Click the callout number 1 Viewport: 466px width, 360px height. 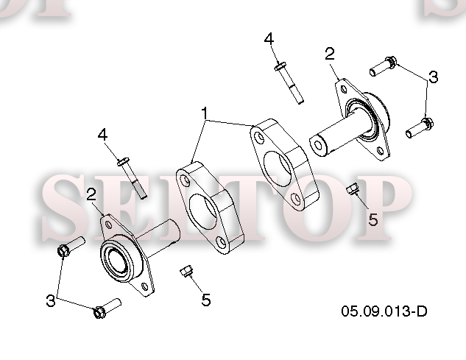(205, 113)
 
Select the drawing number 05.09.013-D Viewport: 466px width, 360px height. (384, 311)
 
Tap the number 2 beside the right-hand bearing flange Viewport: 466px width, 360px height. (330, 54)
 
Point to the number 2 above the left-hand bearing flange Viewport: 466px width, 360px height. (91, 194)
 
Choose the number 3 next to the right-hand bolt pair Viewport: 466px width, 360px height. (434, 77)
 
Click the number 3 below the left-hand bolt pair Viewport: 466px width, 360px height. (51, 300)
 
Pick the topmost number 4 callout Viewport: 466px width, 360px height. (269, 39)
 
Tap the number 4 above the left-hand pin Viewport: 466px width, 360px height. (102, 135)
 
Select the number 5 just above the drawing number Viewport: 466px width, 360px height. (373, 219)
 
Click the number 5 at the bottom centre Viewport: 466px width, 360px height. (206, 300)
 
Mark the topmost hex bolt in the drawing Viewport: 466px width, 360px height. (383, 66)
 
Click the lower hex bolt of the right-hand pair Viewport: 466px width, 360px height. (420, 128)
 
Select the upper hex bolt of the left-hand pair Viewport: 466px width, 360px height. (71, 247)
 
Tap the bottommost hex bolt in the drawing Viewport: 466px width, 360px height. (107, 308)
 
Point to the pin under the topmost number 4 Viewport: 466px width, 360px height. (289, 82)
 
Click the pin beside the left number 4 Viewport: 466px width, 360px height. (132, 177)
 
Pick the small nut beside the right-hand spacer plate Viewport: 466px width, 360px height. (353, 189)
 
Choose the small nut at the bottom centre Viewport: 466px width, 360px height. (186, 271)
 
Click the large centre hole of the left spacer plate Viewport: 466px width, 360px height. (203, 211)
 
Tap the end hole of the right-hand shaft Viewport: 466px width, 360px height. (318, 145)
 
